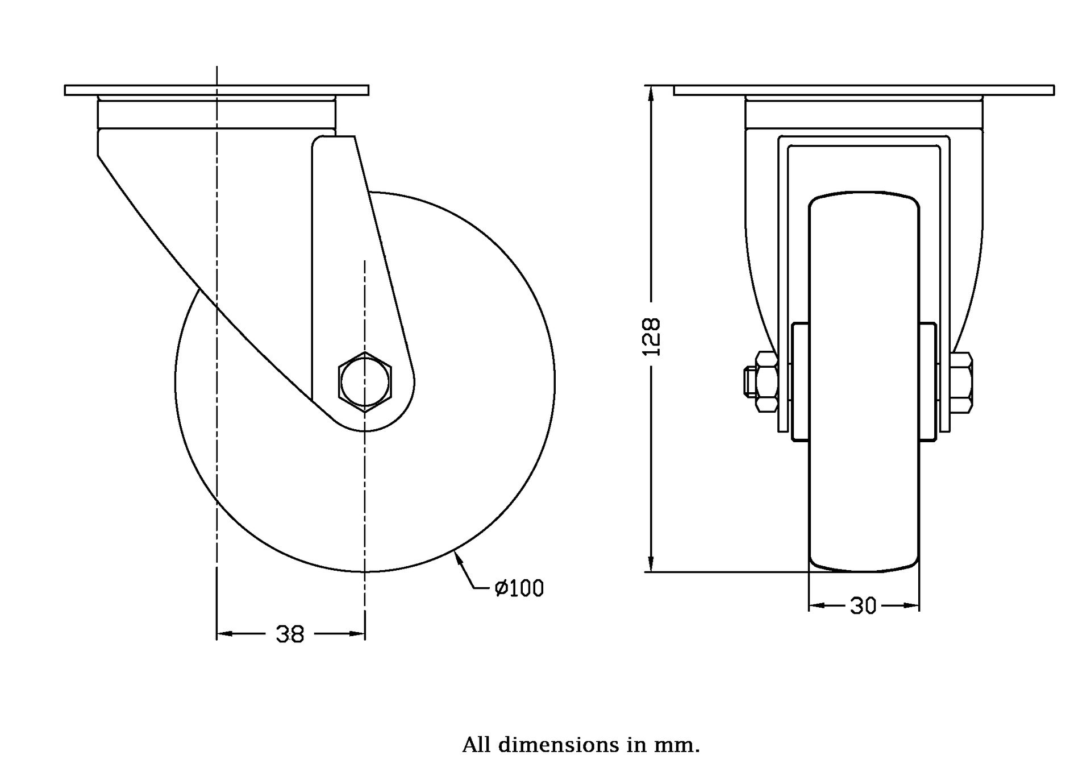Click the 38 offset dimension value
[290, 634]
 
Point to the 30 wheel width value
[863, 607]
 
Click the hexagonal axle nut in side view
[365, 381]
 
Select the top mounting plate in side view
[216, 90]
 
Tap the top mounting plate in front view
[864, 90]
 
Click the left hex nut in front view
[767, 381]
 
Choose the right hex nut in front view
[961, 381]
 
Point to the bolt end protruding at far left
[749, 381]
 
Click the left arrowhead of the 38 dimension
[225, 633]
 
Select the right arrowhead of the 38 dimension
[356, 633]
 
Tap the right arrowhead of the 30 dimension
[911, 606]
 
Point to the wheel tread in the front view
[864, 381]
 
